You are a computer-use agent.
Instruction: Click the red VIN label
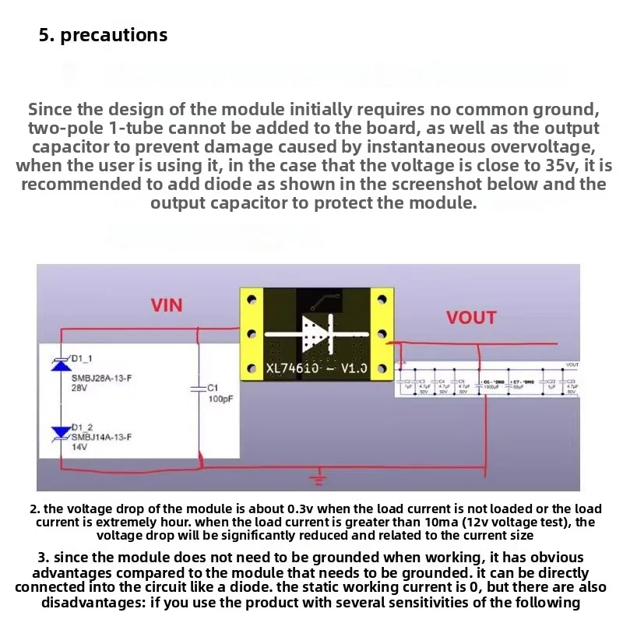[167, 304]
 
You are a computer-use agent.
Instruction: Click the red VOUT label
[470, 317]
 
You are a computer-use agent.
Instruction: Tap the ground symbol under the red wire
[315, 476]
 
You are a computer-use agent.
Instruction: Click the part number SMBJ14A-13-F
[102, 438]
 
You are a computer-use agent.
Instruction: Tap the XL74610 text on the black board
[293, 368]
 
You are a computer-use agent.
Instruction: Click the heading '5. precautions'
[103, 35]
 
